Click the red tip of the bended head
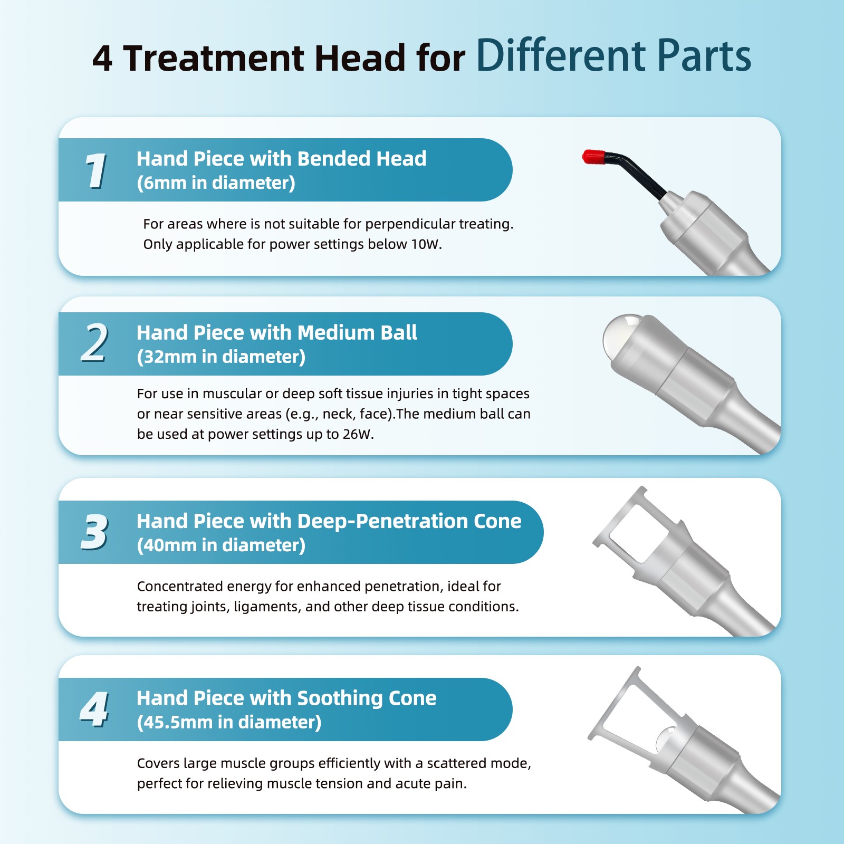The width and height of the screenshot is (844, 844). pos(593,157)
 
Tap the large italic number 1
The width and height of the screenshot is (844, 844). pos(96,170)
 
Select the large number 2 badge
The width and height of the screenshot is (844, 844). pos(95,343)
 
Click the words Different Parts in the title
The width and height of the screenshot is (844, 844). pos(613,55)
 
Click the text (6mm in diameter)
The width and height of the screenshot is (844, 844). pos(216,183)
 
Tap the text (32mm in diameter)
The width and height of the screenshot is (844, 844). pos(221,357)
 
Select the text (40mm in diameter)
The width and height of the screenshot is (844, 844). pos(221,545)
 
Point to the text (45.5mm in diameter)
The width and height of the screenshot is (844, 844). pos(229,723)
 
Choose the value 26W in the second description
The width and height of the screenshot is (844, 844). pos(357,434)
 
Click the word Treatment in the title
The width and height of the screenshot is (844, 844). pos(214,57)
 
